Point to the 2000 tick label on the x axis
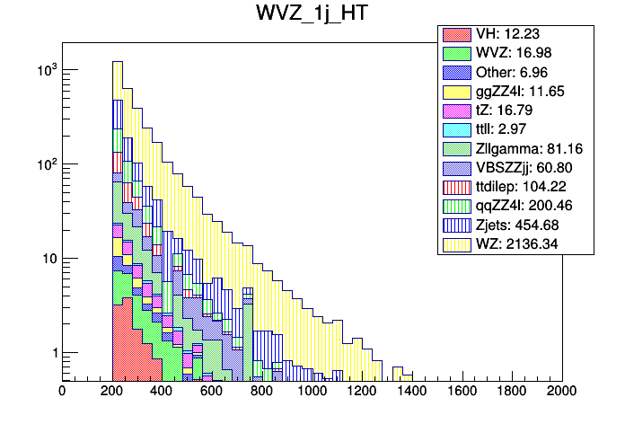pos(562,391)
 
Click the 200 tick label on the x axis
pos(111,391)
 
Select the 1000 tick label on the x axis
pos(312,391)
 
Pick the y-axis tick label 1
pos(52,353)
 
